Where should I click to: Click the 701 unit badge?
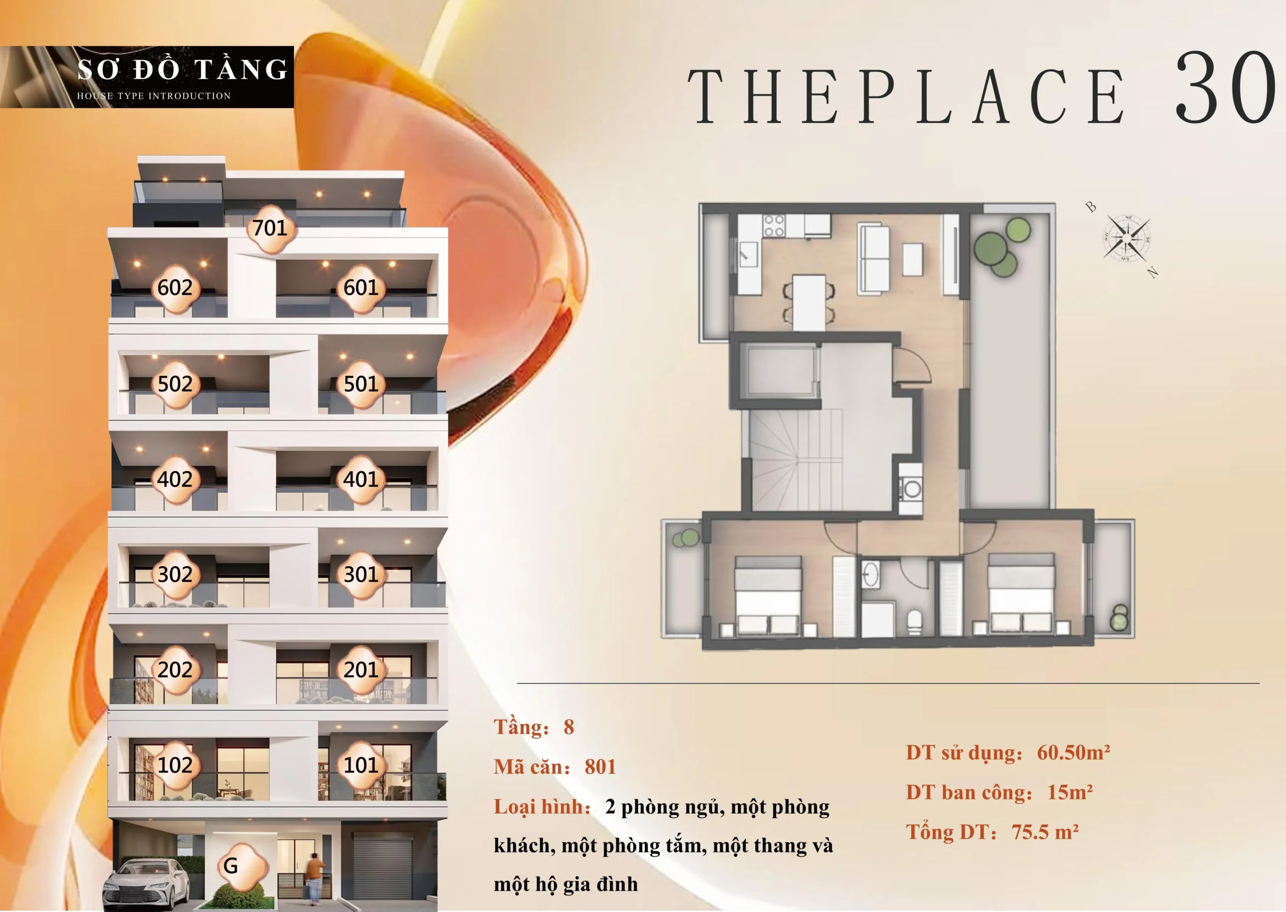[270, 228]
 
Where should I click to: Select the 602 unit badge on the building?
[175, 288]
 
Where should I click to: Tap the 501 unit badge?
[361, 384]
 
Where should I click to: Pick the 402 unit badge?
[175, 480]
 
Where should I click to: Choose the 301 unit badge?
[361, 575]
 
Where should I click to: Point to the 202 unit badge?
[175, 670]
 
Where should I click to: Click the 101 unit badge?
[361, 765]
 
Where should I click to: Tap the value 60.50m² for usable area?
[1073, 752]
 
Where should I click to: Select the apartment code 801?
[600, 767]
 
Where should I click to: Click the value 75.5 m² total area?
[1045, 832]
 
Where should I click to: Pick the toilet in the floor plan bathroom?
[914, 622]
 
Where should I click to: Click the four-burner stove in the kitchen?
[773, 226]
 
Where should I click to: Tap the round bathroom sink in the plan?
[871, 574]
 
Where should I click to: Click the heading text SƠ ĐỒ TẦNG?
[182, 70]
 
